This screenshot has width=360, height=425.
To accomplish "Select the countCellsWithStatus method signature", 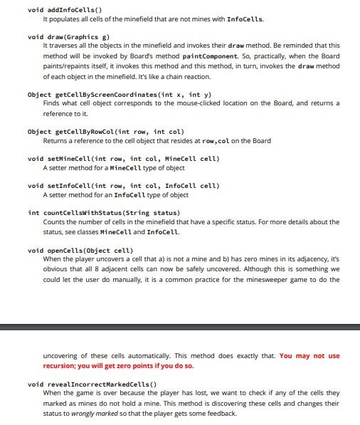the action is click(103, 213).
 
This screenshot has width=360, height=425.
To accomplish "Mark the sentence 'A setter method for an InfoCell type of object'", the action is click(115, 195).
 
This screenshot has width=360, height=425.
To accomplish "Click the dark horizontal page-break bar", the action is click(180, 327).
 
